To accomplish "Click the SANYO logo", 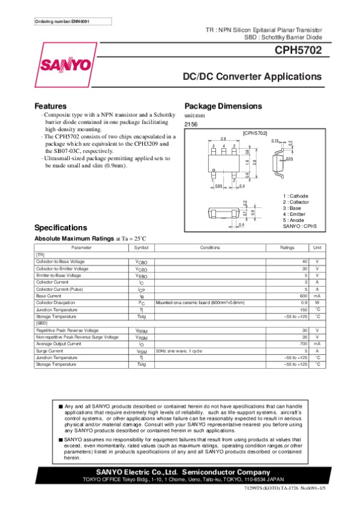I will pos(66,64).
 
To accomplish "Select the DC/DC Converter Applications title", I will pos(252,77).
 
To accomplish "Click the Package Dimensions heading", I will pos(223,106).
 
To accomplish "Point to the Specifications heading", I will pos(61,228).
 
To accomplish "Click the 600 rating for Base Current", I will pos(304,296).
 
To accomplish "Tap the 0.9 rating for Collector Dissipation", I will pos(305,303).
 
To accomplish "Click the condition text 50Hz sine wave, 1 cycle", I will pos(179,351).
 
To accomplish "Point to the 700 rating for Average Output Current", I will pos(304,344).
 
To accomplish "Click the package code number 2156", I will pos(191,124).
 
